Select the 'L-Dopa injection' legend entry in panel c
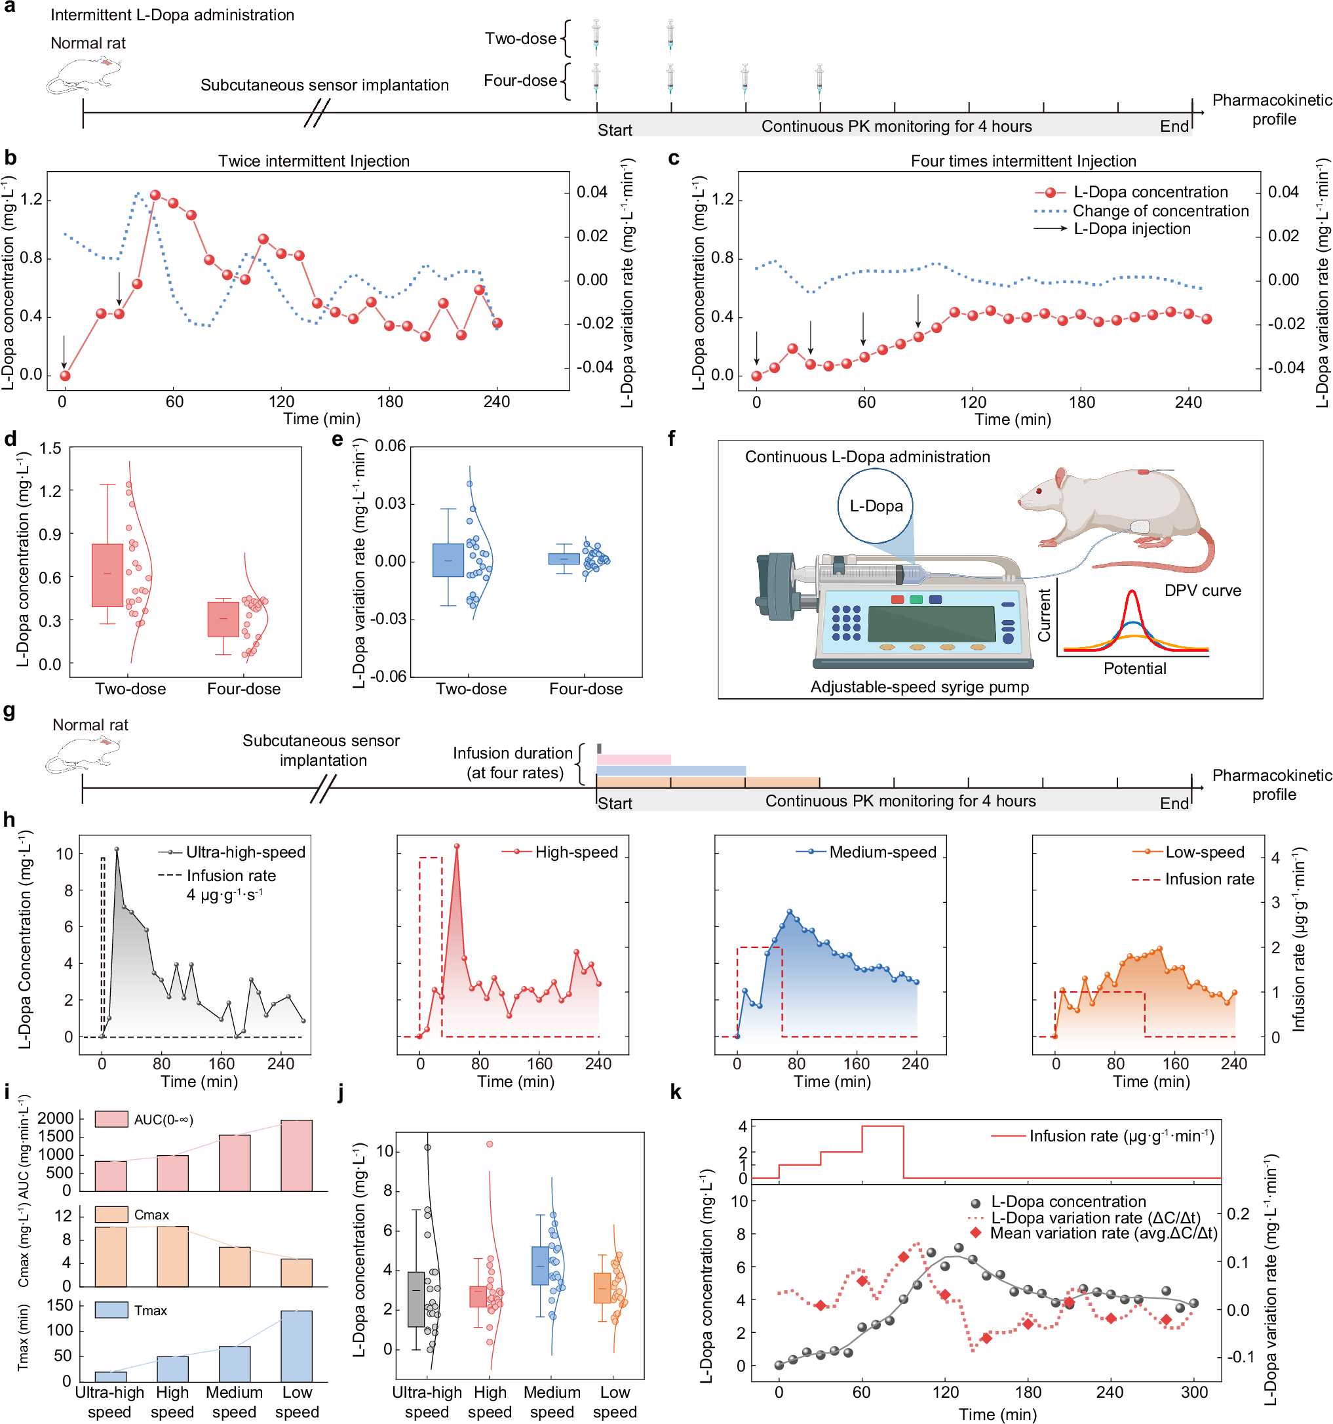coord(1132,229)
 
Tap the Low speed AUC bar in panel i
coord(296,1155)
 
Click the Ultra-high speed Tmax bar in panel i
coord(110,1376)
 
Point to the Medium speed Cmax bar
coord(234,1267)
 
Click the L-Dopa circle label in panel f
coord(876,506)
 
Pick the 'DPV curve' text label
coord(1203,591)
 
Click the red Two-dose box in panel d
coord(107,575)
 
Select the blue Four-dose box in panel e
coord(564,559)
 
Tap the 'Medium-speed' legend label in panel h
coord(883,852)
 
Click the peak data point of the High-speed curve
coord(457,846)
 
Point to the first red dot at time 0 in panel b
coord(65,375)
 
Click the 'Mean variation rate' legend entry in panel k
coord(1103,1233)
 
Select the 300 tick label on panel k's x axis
coord(1194,1393)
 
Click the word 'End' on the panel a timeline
coord(1174,126)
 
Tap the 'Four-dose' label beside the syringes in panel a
coord(520,80)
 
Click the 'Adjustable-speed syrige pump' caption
coord(919,687)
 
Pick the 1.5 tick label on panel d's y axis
coord(50,449)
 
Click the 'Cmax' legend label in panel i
coord(152,1215)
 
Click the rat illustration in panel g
coord(83,753)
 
